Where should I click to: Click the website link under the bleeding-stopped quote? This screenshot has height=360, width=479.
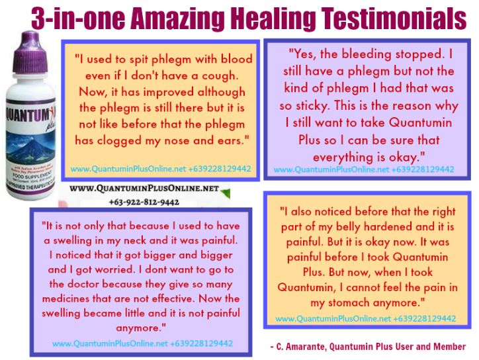(x=365, y=170)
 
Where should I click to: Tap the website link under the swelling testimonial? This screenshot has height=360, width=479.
(x=142, y=343)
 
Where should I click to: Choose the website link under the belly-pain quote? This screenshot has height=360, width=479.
(x=366, y=318)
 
